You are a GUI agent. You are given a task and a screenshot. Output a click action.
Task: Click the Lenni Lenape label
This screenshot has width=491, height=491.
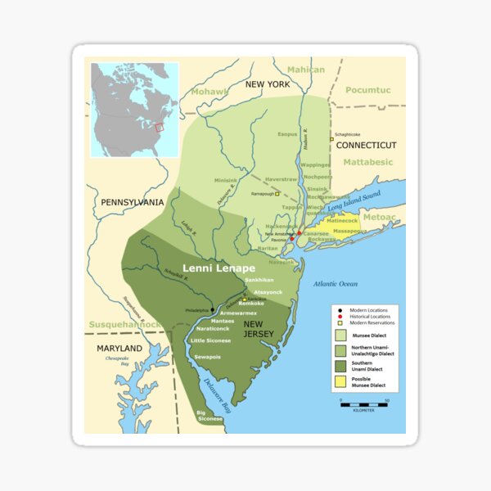coord(218,268)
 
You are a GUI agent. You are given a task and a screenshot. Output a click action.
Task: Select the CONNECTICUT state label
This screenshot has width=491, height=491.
coord(366,145)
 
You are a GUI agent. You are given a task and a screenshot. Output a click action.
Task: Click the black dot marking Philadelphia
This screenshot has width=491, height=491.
coord(212,310)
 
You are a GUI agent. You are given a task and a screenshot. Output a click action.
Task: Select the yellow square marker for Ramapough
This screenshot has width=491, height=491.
coord(277,194)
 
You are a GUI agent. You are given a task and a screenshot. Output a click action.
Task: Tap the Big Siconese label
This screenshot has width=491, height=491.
coord(209,415)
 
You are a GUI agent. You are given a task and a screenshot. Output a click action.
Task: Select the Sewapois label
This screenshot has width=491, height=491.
coord(209,357)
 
